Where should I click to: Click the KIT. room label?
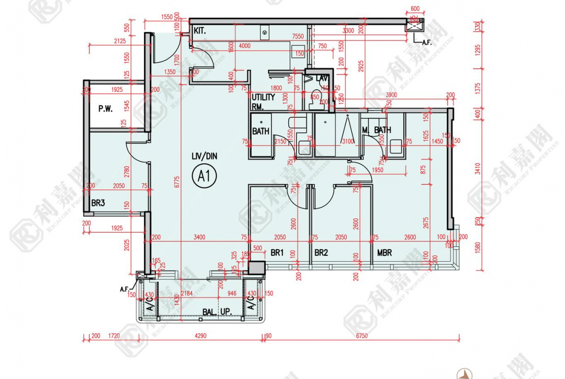200,30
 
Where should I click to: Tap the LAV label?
322,78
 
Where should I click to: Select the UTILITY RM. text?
263,101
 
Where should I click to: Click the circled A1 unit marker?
204,176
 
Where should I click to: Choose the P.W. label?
105,109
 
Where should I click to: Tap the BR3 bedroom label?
98,203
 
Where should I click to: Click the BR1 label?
277,253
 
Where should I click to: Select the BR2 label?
321,253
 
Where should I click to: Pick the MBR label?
384,253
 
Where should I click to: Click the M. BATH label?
377,130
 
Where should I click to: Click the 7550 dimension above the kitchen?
298,37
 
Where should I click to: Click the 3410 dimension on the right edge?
478,168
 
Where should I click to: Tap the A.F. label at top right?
426,42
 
